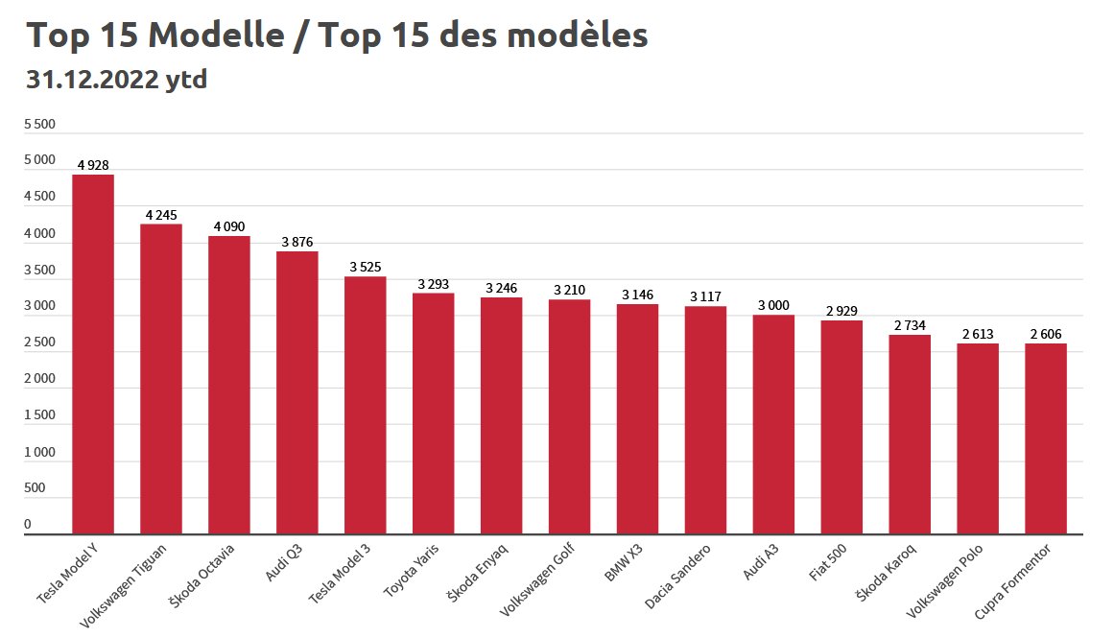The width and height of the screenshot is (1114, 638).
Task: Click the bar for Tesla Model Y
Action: point(93,354)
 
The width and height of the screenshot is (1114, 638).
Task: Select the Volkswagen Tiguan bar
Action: point(161,379)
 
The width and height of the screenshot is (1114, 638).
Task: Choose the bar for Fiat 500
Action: point(841,427)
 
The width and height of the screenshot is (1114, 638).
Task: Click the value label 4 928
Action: point(93,165)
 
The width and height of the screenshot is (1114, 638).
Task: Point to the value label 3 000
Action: point(773,305)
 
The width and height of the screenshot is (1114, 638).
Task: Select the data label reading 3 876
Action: point(297,242)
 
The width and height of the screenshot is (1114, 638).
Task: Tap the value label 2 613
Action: point(977,334)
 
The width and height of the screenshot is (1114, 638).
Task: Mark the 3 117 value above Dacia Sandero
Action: point(705,297)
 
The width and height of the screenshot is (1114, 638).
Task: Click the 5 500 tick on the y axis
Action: point(39,125)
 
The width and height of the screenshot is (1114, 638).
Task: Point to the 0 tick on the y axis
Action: point(28,525)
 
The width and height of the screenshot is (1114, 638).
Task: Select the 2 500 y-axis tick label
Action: point(39,343)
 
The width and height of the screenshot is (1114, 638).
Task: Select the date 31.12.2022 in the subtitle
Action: point(91,80)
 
